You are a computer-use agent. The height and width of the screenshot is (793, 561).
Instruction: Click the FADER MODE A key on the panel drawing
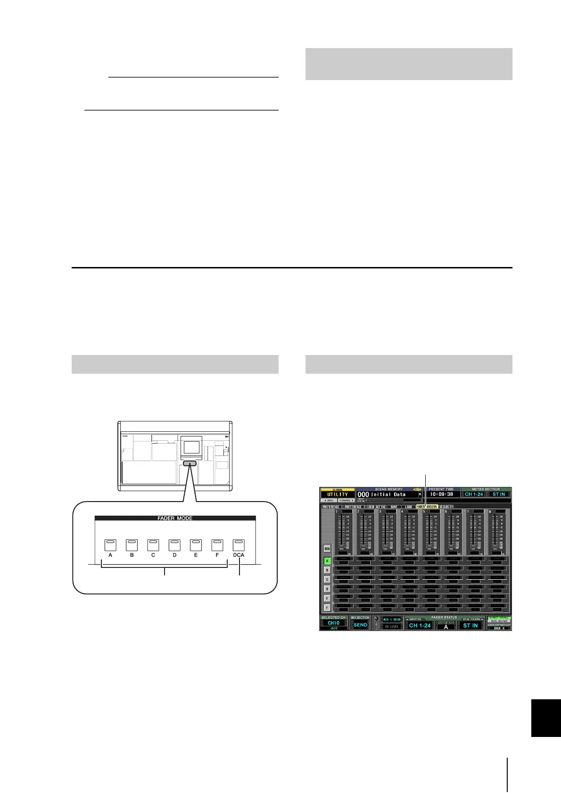click(x=110, y=545)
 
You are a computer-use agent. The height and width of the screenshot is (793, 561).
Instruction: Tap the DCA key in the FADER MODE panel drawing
click(x=239, y=545)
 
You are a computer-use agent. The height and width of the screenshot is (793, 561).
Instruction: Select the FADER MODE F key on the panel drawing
click(x=217, y=545)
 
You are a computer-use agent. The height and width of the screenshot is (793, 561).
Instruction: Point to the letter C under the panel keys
click(x=153, y=555)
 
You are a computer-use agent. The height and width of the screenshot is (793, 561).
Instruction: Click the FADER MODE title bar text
click(x=175, y=518)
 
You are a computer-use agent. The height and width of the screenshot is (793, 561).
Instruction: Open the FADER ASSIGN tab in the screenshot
click(x=427, y=507)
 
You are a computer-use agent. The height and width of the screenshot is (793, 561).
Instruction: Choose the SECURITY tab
click(x=446, y=507)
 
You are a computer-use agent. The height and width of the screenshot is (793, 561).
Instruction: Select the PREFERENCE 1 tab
click(x=332, y=507)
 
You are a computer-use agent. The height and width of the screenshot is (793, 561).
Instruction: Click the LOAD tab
click(x=408, y=507)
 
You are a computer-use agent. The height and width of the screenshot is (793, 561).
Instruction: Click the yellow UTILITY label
click(x=338, y=494)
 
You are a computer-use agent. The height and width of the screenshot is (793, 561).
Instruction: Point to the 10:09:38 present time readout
click(x=442, y=494)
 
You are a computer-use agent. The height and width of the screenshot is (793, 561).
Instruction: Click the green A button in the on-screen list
click(x=327, y=561)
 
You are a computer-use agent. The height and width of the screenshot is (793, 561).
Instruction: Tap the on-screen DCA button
click(x=327, y=549)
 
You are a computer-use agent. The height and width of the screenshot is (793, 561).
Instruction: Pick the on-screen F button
click(x=327, y=608)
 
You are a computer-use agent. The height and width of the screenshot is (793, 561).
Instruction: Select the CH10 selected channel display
click(x=334, y=623)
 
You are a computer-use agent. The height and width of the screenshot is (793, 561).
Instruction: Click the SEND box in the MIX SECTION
click(x=360, y=625)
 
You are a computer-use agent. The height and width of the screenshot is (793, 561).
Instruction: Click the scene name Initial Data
click(x=388, y=494)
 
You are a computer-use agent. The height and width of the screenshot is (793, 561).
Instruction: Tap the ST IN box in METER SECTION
click(x=499, y=494)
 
